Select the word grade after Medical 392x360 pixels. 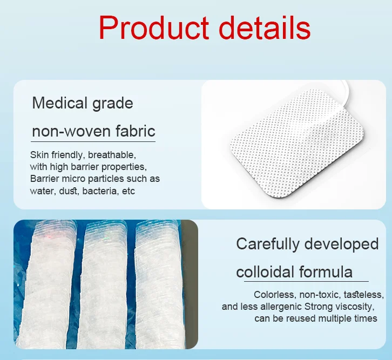[x=114, y=104]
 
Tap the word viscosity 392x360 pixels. [x=355, y=307]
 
